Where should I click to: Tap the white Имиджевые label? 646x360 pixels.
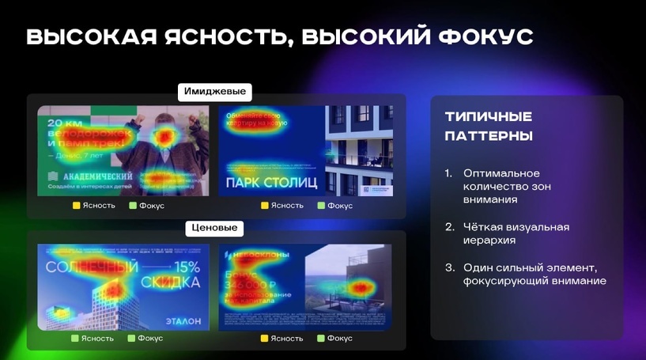point(214,92)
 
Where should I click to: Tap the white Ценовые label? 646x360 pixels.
point(214,228)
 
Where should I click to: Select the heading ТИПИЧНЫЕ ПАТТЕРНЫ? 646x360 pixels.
point(488,126)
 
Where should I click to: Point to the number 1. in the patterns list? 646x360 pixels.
point(448,173)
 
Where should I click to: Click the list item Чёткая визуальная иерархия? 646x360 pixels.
point(516,233)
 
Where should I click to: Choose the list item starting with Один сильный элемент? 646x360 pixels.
point(534,274)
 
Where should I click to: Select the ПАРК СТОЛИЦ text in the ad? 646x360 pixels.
point(271,184)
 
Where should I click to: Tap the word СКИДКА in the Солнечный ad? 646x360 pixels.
point(171,282)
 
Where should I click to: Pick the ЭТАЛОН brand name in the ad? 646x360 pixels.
point(183,321)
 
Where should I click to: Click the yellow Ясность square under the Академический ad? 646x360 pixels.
point(77,206)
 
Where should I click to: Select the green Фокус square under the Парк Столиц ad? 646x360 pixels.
point(321,206)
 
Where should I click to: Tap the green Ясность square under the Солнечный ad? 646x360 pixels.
point(75,338)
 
